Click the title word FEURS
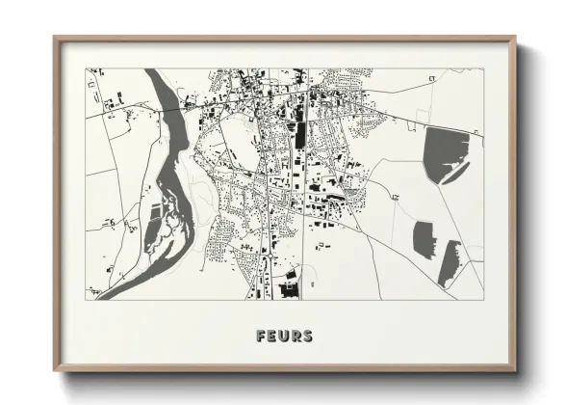pyautogui.click(x=284, y=336)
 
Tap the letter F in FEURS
pyautogui.click(x=262, y=336)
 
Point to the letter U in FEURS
pyautogui.click(x=284, y=336)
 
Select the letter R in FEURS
pyautogui.click(x=296, y=336)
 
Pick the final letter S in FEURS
pyautogui.click(x=307, y=336)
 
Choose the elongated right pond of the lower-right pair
pyautogui.click(x=449, y=262)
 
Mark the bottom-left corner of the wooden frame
pyautogui.click(x=55, y=370)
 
